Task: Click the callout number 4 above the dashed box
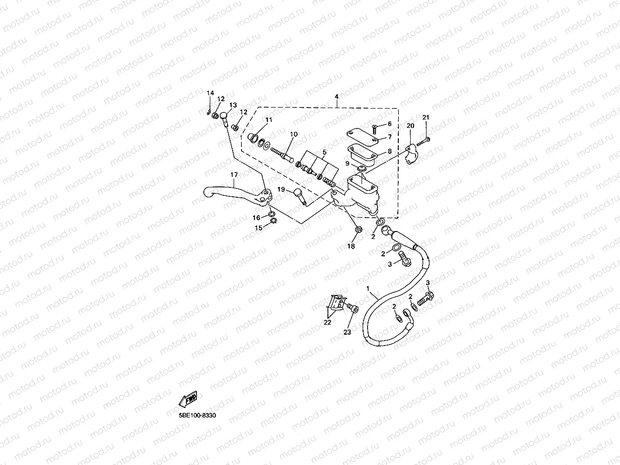[336, 96]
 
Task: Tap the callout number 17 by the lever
[234, 175]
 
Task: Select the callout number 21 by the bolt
[426, 117]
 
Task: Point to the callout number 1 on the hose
[368, 288]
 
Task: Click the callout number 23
[347, 332]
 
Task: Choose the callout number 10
[294, 134]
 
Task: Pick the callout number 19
[281, 189]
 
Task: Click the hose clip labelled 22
[336, 304]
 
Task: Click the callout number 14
[210, 93]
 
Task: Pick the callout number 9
[348, 163]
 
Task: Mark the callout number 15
[258, 228]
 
